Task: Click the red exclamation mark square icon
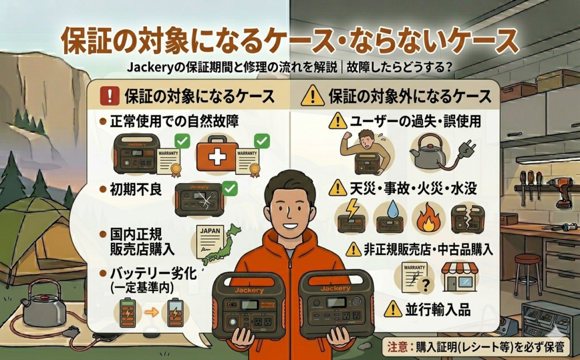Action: click(110, 96)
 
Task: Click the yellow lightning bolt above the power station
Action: click(351, 209)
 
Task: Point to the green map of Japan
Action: click(220, 245)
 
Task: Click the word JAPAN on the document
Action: click(210, 231)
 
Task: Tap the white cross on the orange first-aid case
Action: click(217, 157)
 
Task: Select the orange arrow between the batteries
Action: click(151, 312)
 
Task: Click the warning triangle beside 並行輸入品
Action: click(393, 309)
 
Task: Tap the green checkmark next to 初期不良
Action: click(230, 188)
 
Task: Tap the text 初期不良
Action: click(136, 190)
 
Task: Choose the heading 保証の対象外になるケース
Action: click(410, 96)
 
